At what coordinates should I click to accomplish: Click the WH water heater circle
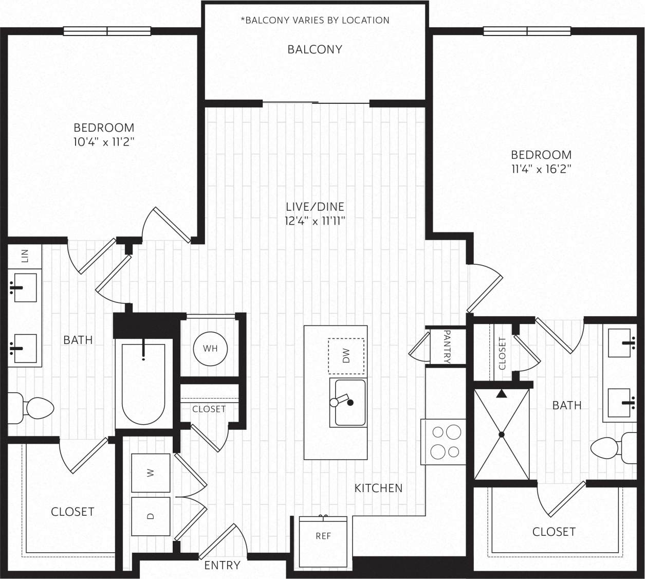click(x=210, y=349)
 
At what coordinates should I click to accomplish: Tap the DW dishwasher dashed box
click(x=346, y=356)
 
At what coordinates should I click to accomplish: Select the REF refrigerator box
click(x=323, y=536)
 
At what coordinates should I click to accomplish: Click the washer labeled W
click(x=151, y=473)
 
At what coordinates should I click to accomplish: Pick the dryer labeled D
click(x=151, y=516)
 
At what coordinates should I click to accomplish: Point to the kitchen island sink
click(x=348, y=403)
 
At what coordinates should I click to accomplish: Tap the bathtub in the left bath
click(x=143, y=384)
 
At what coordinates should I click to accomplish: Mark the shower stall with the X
click(x=502, y=435)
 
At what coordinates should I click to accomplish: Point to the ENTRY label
click(x=222, y=565)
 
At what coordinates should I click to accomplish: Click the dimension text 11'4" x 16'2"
click(x=541, y=169)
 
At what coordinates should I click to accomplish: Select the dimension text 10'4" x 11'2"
click(x=104, y=142)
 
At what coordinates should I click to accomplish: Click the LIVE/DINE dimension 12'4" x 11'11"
click(x=315, y=221)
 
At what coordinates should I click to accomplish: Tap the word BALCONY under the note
click(x=315, y=49)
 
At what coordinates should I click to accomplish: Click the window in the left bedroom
click(x=107, y=31)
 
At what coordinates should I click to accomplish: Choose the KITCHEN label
click(x=378, y=488)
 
